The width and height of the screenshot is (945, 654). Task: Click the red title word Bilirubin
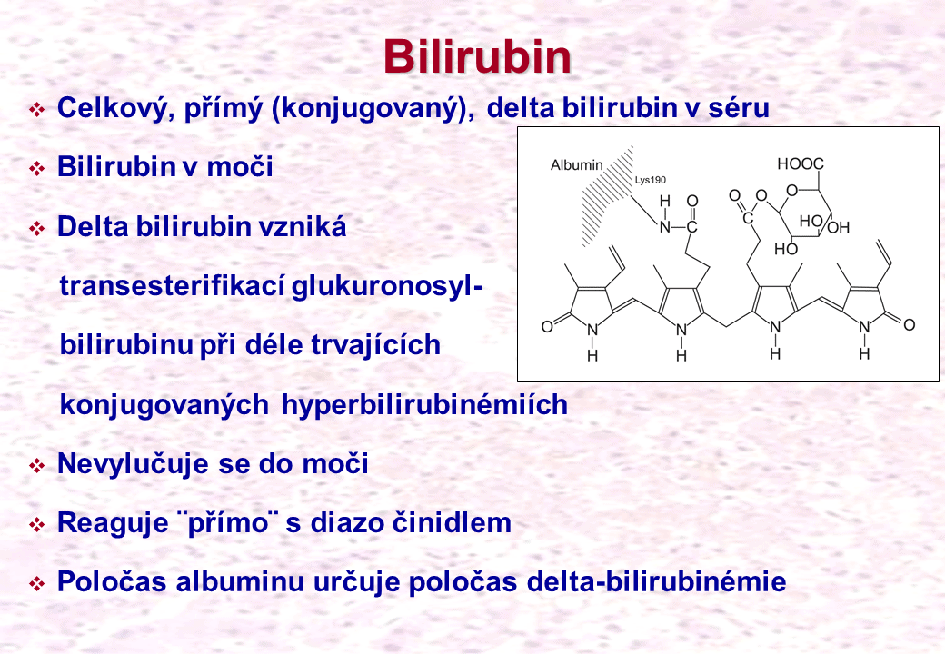tap(477, 57)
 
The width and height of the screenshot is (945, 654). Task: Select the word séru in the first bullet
tap(739, 108)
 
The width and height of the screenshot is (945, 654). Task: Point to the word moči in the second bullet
tap(240, 167)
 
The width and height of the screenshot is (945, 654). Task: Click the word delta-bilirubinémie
tap(656, 581)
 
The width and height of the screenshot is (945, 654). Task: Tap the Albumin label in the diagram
tap(577, 165)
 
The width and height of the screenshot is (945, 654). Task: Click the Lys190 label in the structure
tap(651, 180)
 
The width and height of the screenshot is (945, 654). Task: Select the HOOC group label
tap(801, 163)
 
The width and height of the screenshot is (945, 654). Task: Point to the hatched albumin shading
tap(606, 195)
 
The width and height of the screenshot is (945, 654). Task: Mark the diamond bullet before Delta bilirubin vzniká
tap(37, 229)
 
